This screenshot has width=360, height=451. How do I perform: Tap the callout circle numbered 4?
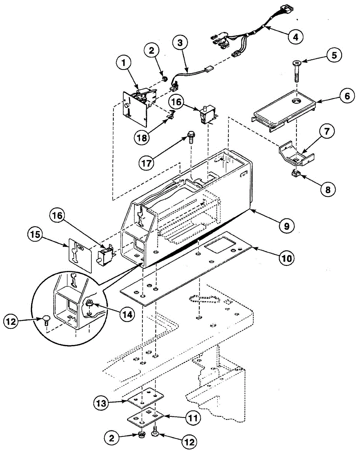[x=295, y=37]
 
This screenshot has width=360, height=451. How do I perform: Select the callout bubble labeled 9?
[x=286, y=225]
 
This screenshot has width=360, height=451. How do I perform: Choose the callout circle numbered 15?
[x=35, y=236]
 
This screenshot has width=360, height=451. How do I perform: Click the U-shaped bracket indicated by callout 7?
[x=297, y=154]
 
